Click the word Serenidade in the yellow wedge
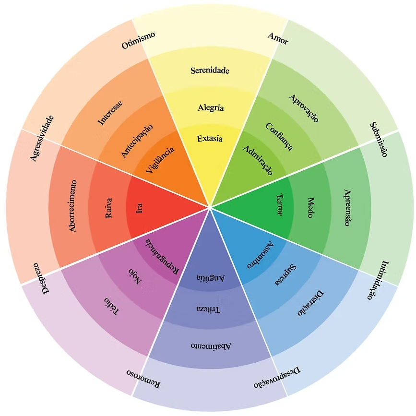[210, 71]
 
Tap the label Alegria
[211, 107]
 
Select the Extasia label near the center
[210, 139]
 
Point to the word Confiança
[279, 136]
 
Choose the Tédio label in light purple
[111, 306]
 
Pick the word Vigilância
[159, 163]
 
